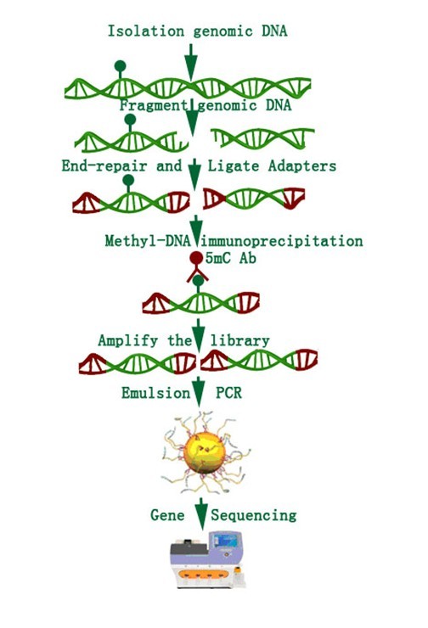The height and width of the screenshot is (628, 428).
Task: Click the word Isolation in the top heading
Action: pyautogui.click(x=146, y=31)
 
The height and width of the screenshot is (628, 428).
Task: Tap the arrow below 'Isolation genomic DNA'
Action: pyautogui.click(x=191, y=62)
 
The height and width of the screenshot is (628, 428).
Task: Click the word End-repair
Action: pyautogui.click(x=104, y=165)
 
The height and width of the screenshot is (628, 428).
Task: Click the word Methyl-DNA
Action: pyautogui.click(x=148, y=241)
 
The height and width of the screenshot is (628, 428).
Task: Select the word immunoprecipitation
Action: pyautogui.click(x=282, y=241)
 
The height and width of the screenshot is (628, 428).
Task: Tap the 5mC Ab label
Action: pyautogui.click(x=231, y=258)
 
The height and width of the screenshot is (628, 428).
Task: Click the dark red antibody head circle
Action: pyautogui.click(x=196, y=258)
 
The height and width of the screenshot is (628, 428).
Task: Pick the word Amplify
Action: pyautogui.click(x=128, y=340)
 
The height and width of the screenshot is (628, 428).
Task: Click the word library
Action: pyautogui.click(x=239, y=340)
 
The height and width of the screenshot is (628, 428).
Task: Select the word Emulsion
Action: pyautogui.click(x=156, y=392)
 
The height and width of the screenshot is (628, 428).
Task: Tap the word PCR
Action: pyautogui.click(x=228, y=392)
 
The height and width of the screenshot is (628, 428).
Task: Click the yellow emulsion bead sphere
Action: pyautogui.click(x=205, y=452)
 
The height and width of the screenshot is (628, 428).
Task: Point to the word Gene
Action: pyautogui.click(x=167, y=514)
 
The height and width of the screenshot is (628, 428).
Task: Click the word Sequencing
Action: pyautogui.click(x=254, y=515)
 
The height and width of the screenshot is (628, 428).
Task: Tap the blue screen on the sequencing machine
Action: pyautogui.click(x=225, y=541)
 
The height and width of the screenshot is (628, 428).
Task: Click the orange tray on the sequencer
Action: pyautogui.click(x=204, y=575)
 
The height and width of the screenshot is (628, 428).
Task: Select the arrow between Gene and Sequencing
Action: pyautogui.click(x=201, y=513)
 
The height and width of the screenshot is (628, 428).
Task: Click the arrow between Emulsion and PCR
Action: pyautogui.click(x=199, y=392)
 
